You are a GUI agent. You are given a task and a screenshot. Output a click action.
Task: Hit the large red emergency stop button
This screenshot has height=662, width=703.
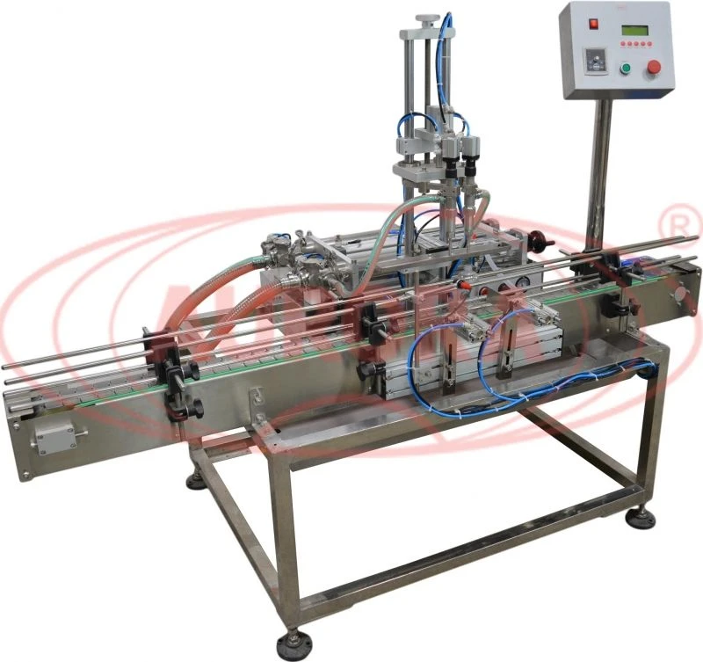653,68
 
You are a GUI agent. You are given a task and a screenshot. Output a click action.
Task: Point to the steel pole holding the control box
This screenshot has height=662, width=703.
601,176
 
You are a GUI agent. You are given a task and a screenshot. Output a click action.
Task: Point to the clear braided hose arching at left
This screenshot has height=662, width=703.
211,281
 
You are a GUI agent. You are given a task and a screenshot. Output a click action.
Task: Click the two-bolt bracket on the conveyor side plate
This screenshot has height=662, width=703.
257,401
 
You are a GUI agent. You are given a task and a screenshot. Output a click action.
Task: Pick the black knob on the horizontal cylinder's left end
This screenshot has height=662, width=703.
368,373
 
